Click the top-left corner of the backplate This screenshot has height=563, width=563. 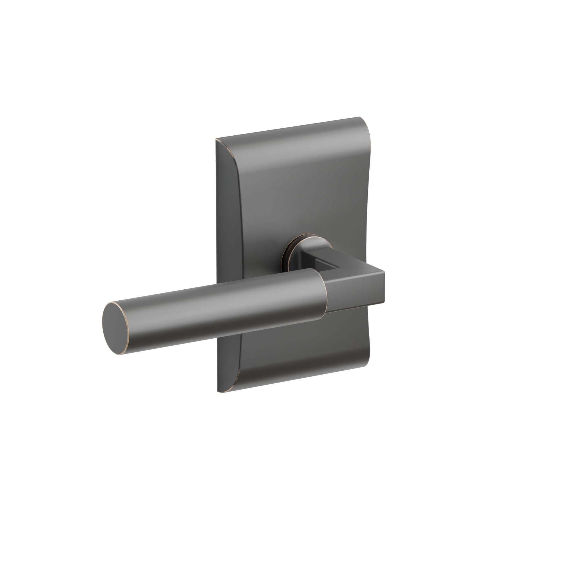tap(217, 140)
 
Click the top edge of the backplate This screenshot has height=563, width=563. tap(289, 128)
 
